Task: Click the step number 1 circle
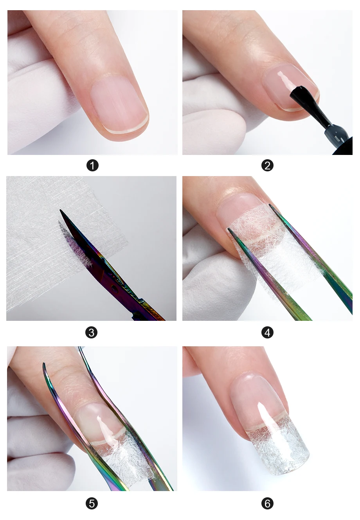click(x=92, y=166)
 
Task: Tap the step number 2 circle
click(x=267, y=166)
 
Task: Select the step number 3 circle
click(x=92, y=333)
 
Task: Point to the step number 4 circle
click(x=267, y=333)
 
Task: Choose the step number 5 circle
click(x=92, y=504)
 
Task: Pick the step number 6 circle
click(x=267, y=504)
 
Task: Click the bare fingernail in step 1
click(x=119, y=104)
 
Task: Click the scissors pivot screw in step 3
click(x=114, y=288)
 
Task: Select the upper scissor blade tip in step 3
click(x=60, y=210)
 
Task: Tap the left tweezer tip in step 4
click(x=229, y=229)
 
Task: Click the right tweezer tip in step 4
click(x=270, y=205)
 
